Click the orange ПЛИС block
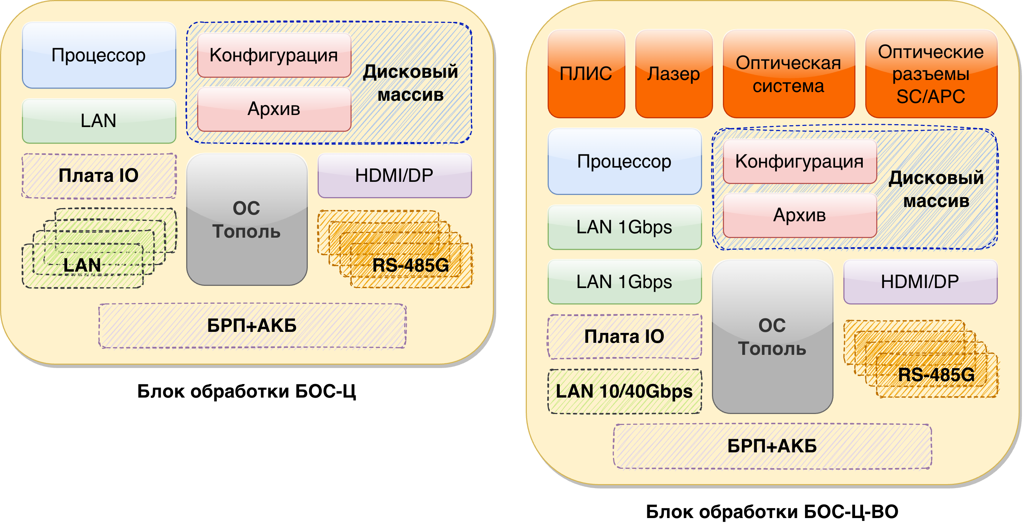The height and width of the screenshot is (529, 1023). (x=586, y=74)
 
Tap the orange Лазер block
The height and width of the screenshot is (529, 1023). (x=674, y=74)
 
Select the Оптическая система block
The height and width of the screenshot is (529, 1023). (x=789, y=74)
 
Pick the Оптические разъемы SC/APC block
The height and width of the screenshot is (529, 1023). (x=931, y=74)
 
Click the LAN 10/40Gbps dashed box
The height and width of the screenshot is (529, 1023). (x=624, y=392)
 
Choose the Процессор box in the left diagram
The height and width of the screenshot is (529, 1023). (x=99, y=55)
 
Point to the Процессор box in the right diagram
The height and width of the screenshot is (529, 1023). (x=624, y=161)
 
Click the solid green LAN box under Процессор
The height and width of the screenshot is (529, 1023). (x=99, y=121)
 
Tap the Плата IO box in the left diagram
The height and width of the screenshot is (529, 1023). (x=99, y=176)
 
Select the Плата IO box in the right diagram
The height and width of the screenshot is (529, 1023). (x=624, y=337)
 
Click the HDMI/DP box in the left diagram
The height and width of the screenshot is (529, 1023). (x=394, y=176)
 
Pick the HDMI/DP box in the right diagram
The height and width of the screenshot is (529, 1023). (x=920, y=282)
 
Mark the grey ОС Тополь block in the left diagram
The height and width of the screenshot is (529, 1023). (x=246, y=220)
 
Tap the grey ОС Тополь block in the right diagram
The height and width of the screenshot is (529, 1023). (x=773, y=337)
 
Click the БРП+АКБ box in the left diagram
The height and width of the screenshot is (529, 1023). (x=252, y=326)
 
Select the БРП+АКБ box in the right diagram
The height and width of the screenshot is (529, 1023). (x=773, y=446)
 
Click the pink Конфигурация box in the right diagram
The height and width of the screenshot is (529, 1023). (x=800, y=162)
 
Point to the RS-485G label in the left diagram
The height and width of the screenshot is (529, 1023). (x=411, y=265)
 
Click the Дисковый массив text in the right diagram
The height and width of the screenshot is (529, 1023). (x=936, y=189)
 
